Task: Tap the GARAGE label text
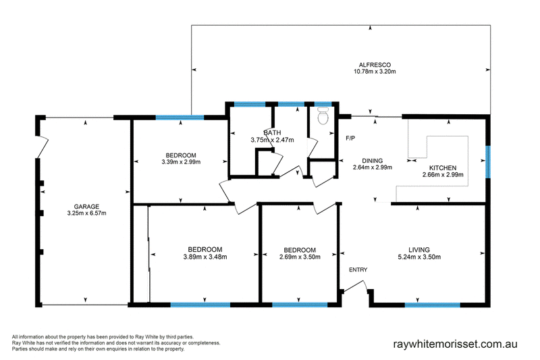coord(87,206)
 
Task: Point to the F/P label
coord(350,138)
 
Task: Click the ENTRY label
coord(358,270)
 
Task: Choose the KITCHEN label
coord(443,168)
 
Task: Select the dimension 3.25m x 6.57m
coord(87,213)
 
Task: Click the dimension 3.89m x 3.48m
coord(205,256)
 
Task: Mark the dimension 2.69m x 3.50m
coord(299,256)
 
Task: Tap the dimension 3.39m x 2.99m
coord(184,162)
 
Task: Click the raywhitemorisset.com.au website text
coord(460,343)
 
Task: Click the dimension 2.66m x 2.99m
coord(443,175)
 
